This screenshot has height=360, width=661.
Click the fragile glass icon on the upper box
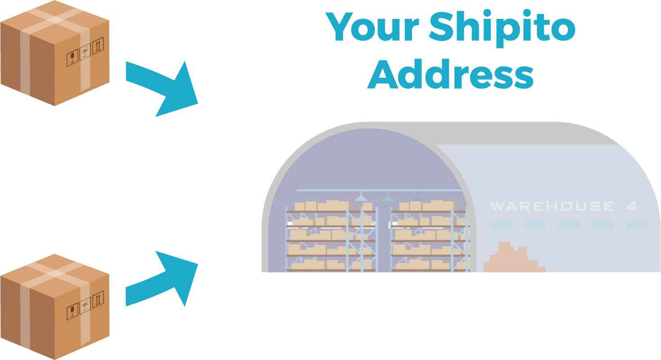[x=72, y=58]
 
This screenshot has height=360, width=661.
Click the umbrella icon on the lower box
[x=85, y=307]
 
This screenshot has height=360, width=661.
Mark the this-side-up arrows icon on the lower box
[x=98, y=299]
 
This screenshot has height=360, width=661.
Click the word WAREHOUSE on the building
[x=552, y=207]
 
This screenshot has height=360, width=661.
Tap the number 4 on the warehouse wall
[x=632, y=207]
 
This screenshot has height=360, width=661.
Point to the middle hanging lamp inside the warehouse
[x=388, y=197]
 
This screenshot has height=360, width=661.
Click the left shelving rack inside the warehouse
[x=331, y=238]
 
